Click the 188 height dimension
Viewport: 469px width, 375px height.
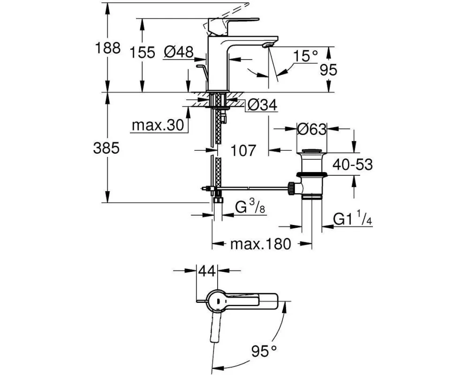pos(108,48)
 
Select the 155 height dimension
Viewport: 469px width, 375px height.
pos(143,52)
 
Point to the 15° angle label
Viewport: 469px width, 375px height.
pos(305,56)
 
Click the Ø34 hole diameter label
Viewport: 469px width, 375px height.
pos(263,105)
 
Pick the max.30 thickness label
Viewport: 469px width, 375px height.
pos(158,125)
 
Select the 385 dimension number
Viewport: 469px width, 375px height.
pos(106,148)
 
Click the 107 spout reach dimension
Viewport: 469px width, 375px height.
pos(243,150)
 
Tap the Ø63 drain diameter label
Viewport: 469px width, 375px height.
pos(312,129)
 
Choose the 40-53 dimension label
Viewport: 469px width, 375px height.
pos(353,165)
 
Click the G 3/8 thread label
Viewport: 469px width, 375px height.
pos(250,207)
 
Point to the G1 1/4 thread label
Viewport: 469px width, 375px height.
pos(353,219)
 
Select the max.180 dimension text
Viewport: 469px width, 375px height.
pos(260,244)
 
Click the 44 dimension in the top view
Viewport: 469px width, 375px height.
pos(207,271)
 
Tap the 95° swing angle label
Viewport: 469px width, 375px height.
pos(264,351)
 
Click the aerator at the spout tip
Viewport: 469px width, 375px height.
pos(267,45)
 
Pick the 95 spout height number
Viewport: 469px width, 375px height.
pos(328,70)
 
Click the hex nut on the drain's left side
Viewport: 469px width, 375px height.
pos(291,188)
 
